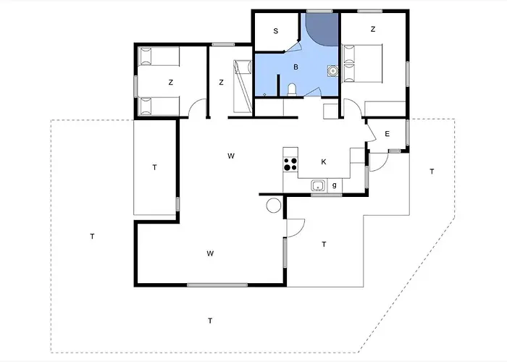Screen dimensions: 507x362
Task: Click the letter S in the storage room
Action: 275,31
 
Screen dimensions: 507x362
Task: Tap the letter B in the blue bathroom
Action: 296,67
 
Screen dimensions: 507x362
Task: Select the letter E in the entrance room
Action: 387,134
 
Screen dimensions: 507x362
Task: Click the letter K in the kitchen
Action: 323,162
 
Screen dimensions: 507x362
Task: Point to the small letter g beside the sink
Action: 335,185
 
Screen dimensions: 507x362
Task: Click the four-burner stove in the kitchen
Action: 290,164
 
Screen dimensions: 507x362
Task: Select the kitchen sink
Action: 318,186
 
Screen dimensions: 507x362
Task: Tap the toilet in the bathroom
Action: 292,90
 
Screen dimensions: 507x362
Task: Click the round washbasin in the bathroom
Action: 332,70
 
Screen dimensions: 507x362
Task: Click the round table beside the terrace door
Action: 274,205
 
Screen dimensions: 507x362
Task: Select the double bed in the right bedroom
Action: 362,64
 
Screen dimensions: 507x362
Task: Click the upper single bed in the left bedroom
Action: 159,56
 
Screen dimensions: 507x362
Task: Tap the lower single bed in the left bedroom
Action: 159,106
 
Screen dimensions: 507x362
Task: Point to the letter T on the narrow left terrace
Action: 154,167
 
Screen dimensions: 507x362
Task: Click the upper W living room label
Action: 231,156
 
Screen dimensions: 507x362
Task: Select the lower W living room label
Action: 210,253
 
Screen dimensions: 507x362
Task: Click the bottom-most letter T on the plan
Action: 210,321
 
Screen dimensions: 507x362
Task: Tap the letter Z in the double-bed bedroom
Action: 373,29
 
